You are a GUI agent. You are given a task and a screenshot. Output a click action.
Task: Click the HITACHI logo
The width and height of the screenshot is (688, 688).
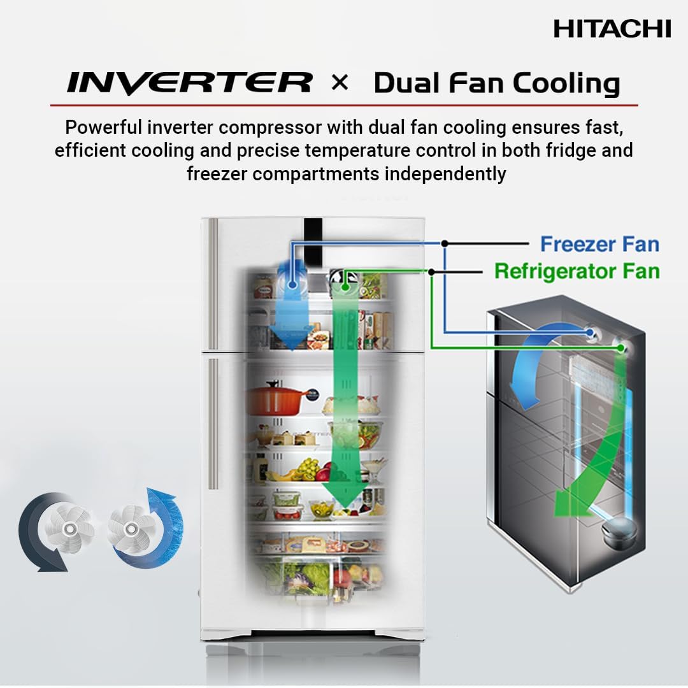[612, 29]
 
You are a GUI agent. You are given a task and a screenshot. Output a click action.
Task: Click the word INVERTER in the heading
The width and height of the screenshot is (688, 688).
[189, 83]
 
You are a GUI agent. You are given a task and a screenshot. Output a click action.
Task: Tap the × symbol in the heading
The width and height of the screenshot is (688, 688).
[340, 83]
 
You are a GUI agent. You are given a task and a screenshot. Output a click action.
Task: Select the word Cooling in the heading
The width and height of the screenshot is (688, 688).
[566, 83]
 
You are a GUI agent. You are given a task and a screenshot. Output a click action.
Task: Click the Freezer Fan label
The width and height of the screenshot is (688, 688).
[599, 244]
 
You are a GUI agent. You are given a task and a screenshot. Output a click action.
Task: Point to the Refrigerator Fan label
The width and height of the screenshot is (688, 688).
[577, 271]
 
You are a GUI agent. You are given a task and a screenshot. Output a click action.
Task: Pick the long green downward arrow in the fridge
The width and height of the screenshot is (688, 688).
[345, 408]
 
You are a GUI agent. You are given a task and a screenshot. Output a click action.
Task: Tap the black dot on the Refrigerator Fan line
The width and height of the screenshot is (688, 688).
[431, 272]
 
